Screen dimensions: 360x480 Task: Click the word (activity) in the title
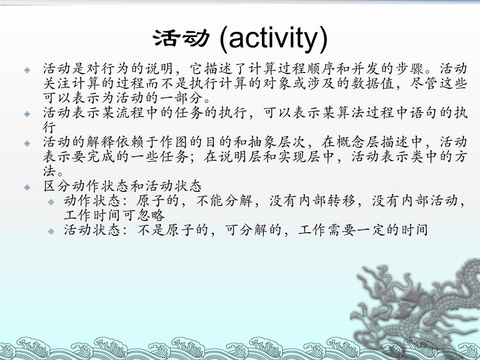(273, 40)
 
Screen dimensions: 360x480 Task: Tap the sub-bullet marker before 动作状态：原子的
(51, 201)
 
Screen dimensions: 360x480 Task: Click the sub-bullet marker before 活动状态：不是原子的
(51, 230)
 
